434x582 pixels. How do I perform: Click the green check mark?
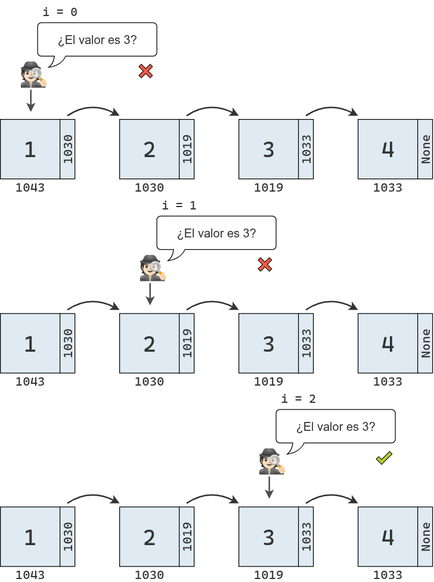coord(383,458)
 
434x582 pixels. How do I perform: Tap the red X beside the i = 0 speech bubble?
coord(145,71)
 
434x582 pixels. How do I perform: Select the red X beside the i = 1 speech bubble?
coord(265,265)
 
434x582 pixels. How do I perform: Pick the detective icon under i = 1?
coord(153,268)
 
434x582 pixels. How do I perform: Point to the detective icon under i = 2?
coord(272,462)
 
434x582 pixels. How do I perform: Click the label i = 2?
coord(298,399)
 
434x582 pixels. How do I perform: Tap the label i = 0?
coord(60,12)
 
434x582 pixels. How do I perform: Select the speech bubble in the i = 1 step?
coord(216,233)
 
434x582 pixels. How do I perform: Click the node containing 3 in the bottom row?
coord(268,537)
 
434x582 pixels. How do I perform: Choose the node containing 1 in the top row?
coord(30,149)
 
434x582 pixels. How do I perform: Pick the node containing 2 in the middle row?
coord(149,343)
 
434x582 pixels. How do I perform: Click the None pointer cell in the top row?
coord(426,149)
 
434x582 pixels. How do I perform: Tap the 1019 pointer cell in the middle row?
coord(187,343)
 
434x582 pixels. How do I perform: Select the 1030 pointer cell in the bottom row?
coord(68,537)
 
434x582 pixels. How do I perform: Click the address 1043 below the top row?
coord(30,188)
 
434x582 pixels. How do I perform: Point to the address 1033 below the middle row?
coord(387,381)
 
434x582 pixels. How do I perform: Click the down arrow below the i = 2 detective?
coord(269,487)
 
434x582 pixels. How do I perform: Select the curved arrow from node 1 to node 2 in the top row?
coord(94,111)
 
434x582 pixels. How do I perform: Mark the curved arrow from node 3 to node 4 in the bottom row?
coord(332,497)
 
